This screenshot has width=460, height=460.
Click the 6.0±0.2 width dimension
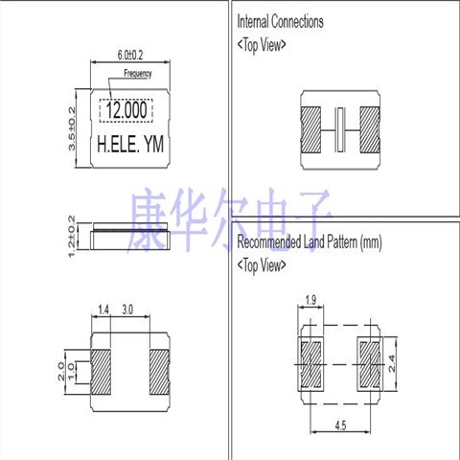130,55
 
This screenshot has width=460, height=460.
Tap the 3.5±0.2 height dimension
72,128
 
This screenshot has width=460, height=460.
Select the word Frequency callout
138,74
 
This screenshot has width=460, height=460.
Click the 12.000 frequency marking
126,110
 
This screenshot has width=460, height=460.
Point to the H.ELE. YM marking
130,144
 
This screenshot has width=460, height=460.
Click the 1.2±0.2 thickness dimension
72,236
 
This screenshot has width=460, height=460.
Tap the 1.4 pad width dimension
103,310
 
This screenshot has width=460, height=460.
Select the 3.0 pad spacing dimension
127,310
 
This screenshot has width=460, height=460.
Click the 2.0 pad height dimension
61,371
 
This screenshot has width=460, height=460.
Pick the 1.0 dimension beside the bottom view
71,372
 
